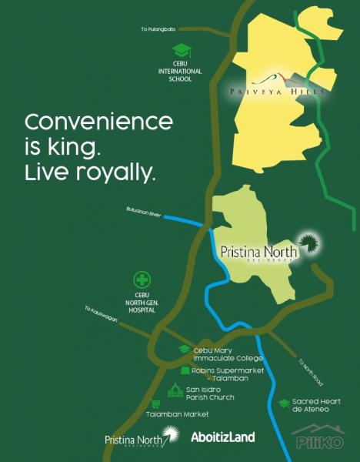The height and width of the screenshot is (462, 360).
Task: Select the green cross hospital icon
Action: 142,281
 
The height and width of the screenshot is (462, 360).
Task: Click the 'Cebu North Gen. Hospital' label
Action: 142,302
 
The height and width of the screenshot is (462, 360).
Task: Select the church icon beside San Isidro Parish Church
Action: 175,391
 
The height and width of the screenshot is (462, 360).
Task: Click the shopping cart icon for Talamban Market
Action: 156,403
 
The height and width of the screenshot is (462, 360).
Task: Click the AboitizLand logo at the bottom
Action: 222,437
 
